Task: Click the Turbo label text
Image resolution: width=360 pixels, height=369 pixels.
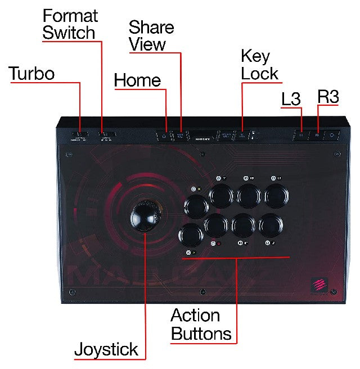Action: [x=31, y=74]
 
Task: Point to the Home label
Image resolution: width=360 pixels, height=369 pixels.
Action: [x=137, y=80]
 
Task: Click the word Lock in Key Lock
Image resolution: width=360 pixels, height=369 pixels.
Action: [x=259, y=73]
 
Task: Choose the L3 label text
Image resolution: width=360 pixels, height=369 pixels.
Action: [x=291, y=99]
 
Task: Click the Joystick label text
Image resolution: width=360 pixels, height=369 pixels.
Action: [x=106, y=349]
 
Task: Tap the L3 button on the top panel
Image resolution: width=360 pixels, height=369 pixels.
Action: [x=301, y=135]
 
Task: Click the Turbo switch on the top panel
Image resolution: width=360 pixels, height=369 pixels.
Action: [x=80, y=136]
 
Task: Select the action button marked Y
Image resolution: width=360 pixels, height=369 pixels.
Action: [x=220, y=196]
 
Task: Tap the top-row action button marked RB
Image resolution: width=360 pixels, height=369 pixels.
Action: [x=248, y=196]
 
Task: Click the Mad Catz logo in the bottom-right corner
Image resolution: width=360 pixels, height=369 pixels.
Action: [x=318, y=284]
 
